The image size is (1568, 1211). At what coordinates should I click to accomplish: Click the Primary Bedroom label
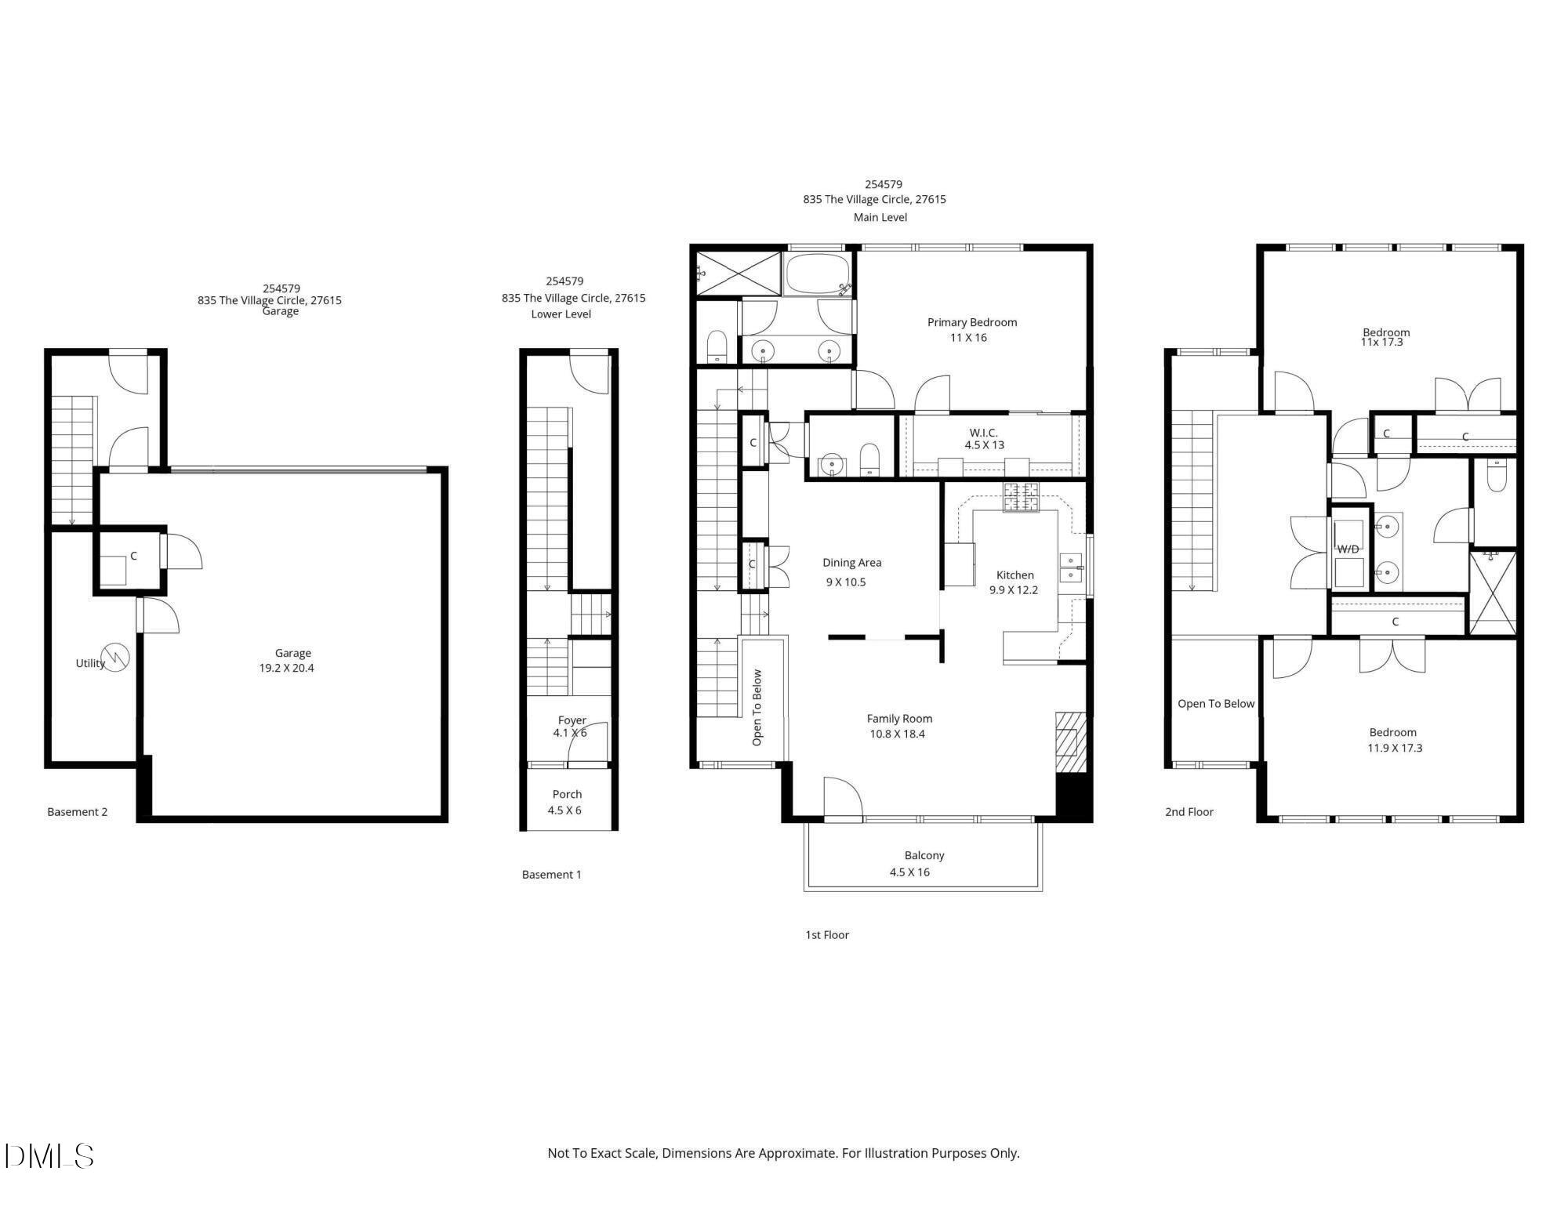click(971, 322)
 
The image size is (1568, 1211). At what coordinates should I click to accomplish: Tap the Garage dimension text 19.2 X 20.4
click(286, 668)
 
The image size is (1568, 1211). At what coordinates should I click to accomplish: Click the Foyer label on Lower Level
click(572, 720)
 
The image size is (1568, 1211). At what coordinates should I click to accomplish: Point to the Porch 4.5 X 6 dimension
click(564, 810)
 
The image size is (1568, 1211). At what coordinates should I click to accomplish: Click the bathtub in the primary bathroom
click(817, 274)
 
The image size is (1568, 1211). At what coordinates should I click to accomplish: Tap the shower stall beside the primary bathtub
click(738, 274)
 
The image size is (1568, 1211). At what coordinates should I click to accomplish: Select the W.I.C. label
click(983, 433)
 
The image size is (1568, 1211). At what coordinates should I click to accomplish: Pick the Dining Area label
click(851, 563)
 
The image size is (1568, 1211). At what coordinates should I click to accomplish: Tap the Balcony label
click(924, 855)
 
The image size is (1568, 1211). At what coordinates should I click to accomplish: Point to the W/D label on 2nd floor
click(1348, 549)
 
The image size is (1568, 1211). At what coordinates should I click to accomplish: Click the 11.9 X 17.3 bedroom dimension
click(1394, 748)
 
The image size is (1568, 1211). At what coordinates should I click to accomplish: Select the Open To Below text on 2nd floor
click(1215, 704)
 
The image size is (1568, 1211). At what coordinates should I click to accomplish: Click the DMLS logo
click(49, 1156)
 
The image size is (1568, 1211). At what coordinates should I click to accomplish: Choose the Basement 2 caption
click(77, 812)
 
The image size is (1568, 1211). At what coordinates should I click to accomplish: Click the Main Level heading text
click(880, 217)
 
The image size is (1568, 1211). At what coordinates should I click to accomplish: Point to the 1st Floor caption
click(826, 934)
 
